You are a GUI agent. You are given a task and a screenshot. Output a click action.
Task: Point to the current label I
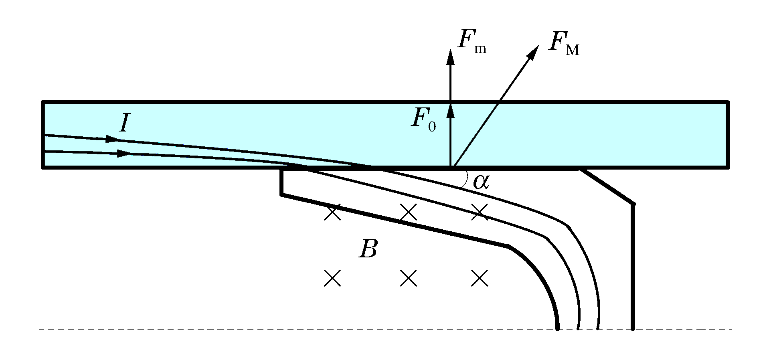click(124, 123)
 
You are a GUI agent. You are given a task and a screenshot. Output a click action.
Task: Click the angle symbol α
click(481, 182)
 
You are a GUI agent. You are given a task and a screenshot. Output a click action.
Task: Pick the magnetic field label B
click(368, 249)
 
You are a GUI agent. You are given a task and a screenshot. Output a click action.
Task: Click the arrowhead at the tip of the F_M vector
click(534, 52)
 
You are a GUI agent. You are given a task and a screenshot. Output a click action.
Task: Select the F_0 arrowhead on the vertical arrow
click(451, 110)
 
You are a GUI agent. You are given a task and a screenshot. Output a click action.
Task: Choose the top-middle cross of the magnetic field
click(409, 212)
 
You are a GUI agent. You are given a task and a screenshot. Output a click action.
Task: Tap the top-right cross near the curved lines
click(480, 212)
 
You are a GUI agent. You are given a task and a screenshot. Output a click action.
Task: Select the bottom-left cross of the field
click(332, 278)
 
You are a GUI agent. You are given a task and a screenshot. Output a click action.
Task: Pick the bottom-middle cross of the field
click(409, 278)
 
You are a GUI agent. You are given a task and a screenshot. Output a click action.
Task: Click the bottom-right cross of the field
click(480, 278)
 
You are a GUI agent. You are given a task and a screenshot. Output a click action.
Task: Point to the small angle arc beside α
click(465, 179)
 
